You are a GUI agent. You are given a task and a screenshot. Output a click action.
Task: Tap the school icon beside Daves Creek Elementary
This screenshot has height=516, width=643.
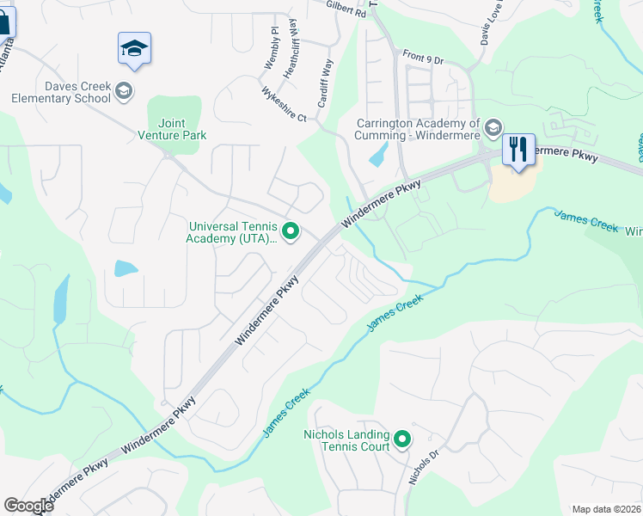point(124,90)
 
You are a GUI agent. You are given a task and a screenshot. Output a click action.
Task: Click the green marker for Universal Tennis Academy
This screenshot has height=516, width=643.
point(291,230)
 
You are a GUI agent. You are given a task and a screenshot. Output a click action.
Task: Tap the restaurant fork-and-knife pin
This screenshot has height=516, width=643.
point(517,149)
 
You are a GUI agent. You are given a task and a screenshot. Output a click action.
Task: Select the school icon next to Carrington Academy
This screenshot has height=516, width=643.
point(493,129)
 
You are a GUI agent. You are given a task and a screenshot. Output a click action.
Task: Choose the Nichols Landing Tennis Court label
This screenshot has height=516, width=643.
point(346,440)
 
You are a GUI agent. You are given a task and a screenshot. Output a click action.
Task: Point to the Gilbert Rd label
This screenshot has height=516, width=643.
point(346,9)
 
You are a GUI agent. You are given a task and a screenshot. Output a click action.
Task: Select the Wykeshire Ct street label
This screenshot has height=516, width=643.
point(284,104)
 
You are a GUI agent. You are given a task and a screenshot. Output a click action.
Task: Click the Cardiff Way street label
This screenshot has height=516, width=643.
point(324,83)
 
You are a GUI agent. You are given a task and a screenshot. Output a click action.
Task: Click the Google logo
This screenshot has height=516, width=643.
point(28,506)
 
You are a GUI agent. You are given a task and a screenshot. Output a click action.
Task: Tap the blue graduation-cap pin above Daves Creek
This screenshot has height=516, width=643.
point(135,48)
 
